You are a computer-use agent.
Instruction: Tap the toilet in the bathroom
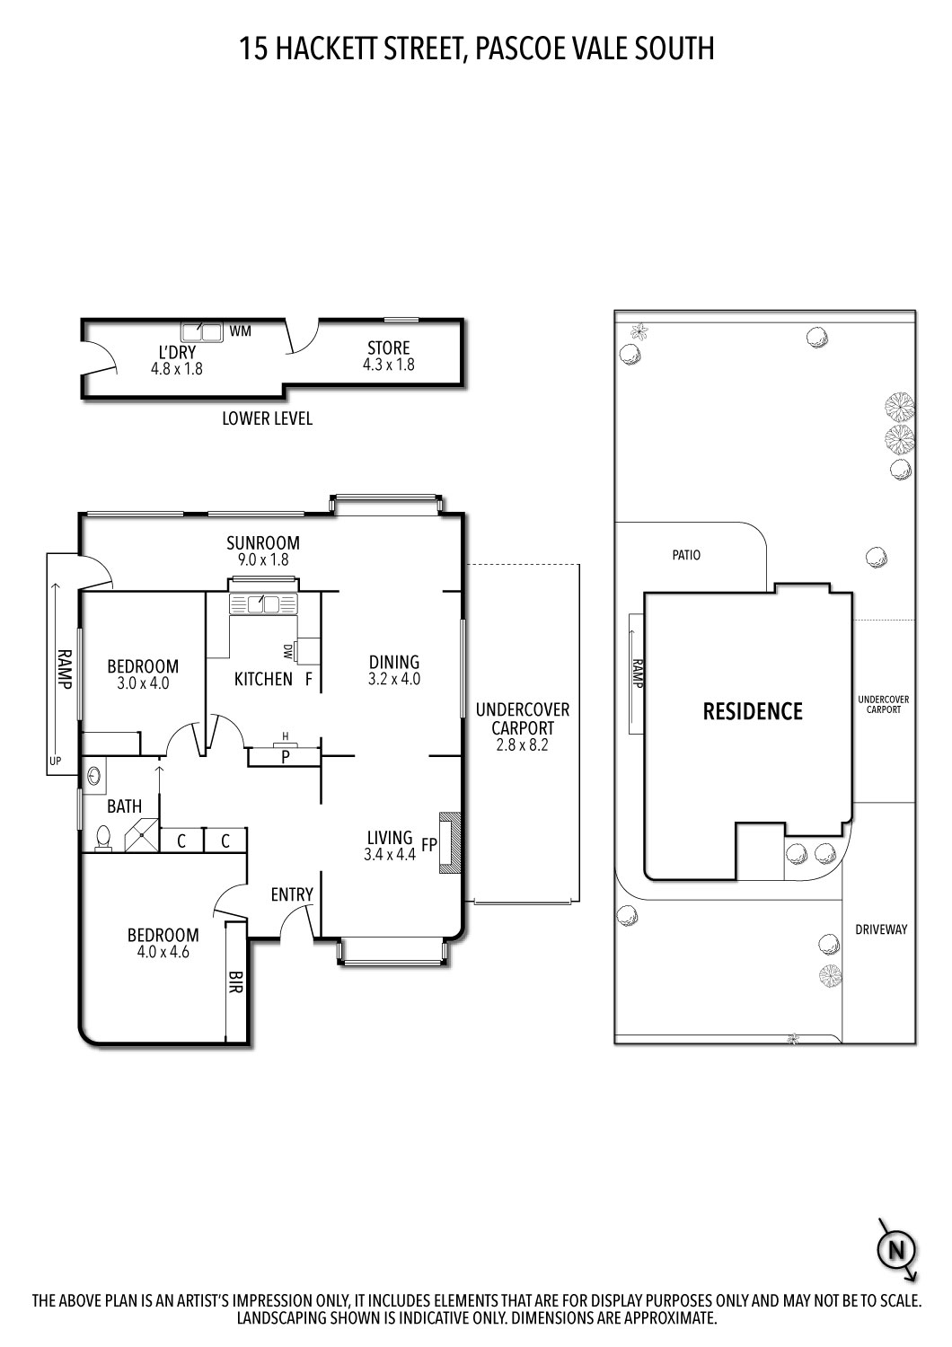[102, 838]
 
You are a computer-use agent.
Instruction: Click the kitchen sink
[262, 604]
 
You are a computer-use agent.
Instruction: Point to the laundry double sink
[202, 332]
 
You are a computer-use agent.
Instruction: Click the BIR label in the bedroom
[236, 978]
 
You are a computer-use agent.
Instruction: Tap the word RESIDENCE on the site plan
[752, 712]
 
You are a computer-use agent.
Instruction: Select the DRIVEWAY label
[881, 929]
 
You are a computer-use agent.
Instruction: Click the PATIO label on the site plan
[686, 555]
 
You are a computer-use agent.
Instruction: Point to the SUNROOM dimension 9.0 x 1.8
[262, 559]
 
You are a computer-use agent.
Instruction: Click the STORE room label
[388, 348]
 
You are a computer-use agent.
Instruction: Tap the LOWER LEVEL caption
[268, 419]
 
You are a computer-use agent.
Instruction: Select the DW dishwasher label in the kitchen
[287, 650]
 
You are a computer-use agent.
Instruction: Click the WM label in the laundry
[240, 331]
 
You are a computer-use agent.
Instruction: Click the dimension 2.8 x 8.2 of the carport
[523, 744]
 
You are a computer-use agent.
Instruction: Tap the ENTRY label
[292, 894]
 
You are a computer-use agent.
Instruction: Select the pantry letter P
[285, 756]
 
